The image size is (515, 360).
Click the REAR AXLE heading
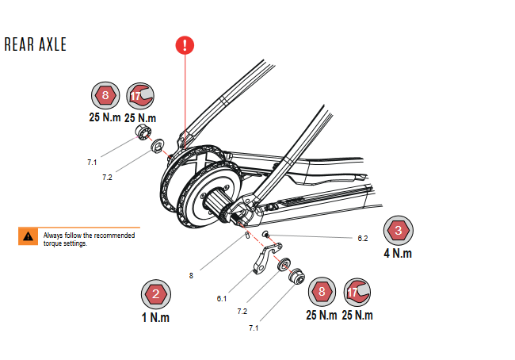36,44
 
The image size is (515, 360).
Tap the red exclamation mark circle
185,44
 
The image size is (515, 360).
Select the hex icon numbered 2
156,294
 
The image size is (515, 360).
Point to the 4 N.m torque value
398,254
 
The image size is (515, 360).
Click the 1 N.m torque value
156,318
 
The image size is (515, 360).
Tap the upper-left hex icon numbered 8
105,97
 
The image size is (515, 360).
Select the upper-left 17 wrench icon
140,97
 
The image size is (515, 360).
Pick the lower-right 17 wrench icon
358,292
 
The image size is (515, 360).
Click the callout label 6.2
364,238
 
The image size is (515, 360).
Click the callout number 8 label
191,276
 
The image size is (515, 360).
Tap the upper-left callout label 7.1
92,162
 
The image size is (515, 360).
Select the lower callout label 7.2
242,312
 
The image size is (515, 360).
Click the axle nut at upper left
143,132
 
